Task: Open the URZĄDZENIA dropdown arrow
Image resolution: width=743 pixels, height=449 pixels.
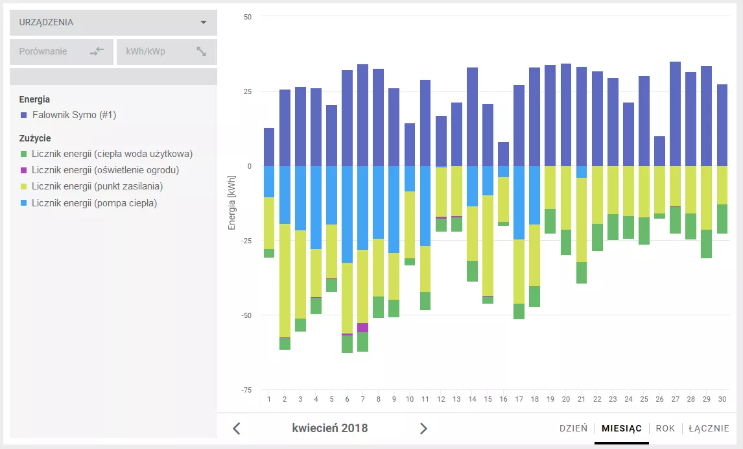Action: click(x=204, y=22)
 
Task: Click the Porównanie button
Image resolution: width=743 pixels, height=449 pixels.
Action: click(x=62, y=51)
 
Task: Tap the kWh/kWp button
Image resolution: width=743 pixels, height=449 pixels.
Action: click(x=167, y=51)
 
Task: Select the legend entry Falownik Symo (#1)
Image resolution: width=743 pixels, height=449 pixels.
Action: click(x=68, y=115)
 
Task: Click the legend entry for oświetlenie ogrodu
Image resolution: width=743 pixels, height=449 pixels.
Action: click(x=99, y=170)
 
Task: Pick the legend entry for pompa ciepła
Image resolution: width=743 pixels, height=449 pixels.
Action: click(x=89, y=203)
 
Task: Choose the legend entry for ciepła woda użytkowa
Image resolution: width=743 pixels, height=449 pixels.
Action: click(x=106, y=154)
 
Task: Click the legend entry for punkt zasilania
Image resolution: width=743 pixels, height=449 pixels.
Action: click(x=91, y=186)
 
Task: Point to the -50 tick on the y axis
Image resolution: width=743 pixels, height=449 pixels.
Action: click(x=246, y=315)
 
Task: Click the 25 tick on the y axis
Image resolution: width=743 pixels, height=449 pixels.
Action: click(x=248, y=91)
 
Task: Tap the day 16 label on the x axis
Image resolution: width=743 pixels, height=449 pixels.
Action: click(x=503, y=399)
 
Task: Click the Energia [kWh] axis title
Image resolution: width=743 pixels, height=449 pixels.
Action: click(x=231, y=203)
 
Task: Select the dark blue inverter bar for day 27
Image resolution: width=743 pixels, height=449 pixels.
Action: click(x=675, y=114)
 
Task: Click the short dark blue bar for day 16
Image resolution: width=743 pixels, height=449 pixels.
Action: click(x=503, y=154)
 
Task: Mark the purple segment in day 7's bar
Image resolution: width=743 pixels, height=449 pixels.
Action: click(x=362, y=328)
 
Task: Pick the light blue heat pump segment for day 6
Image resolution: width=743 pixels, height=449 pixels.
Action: click(x=347, y=214)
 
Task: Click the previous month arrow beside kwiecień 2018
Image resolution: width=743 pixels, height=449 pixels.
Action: click(x=237, y=429)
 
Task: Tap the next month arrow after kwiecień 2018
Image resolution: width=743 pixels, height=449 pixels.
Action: click(x=423, y=429)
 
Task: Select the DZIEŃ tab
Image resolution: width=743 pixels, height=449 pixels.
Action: click(x=573, y=428)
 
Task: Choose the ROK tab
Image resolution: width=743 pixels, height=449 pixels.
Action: click(x=665, y=428)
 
